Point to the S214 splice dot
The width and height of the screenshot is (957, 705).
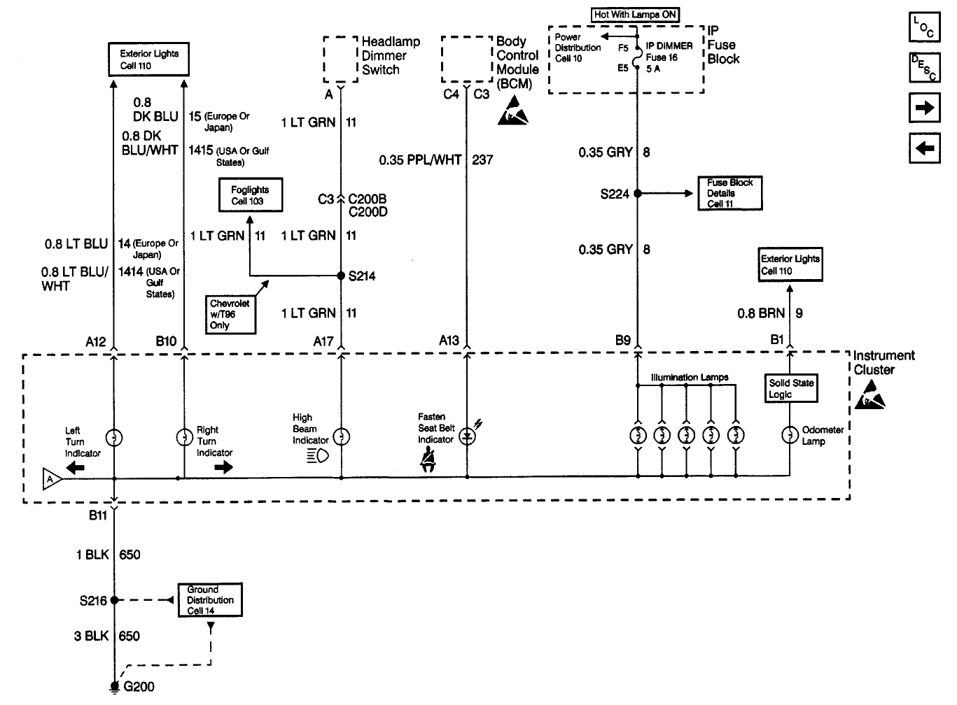click(x=341, y=276)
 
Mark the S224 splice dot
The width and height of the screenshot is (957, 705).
click(x=638, y=193)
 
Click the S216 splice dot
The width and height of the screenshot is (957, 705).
click(x=114, y=600)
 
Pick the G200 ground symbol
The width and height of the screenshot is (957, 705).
click(x=114, y=687)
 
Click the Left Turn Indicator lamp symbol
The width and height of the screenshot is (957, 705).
click(x=114, y=438)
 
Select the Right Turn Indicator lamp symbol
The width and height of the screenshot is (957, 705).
click(x=185, y=437)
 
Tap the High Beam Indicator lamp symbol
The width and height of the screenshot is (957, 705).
click(x=342, y=436)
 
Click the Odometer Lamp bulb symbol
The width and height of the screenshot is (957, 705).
click(x=790, y=435)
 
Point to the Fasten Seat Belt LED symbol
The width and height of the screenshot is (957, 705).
click(x=467, y=436)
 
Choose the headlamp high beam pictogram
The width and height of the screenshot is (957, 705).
click(x=318, y=456)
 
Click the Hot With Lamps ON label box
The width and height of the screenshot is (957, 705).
click(x=635, y=15)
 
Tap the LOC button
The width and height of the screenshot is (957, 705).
click(x=925, y=27)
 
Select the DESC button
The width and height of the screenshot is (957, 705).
click(x=925, y=67)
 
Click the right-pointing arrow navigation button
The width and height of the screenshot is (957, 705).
click(x=925, y=108)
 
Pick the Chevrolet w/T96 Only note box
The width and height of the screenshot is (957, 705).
click(x=231, y=315)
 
